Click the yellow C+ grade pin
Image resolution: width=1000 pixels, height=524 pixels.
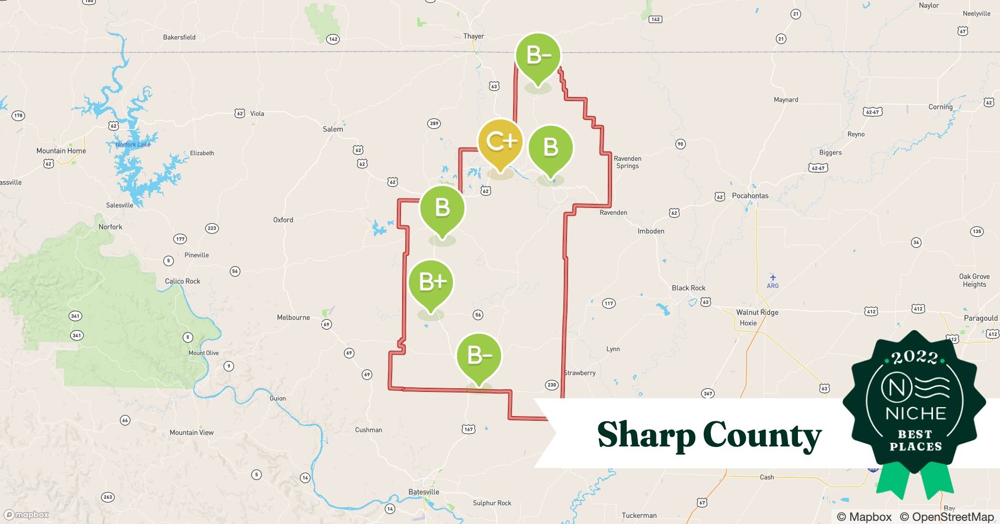click(x=501, y=141)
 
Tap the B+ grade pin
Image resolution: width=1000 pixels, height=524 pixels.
click(x=431, y=283)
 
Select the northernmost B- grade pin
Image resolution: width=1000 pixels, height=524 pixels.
click(x=538, y=56)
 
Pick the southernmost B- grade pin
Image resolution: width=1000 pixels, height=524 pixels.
click(x=479, y=356)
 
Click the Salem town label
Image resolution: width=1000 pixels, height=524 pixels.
click(x=333, y=129)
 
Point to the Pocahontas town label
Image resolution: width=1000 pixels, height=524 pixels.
click(x=750, y=195)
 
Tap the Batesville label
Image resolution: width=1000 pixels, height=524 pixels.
click(x=424, y=492)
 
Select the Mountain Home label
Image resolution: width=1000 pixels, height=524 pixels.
click(x=61, y=151)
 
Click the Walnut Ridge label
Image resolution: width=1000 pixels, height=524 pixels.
click(x=757, y=312)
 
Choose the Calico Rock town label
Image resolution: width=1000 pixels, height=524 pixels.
click(x=182, y=281)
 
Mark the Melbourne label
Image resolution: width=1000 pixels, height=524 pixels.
click(x=293, y=318)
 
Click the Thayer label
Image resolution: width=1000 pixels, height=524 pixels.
click(x=473, y=36)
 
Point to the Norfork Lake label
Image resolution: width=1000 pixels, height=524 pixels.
click(x=133, y=145)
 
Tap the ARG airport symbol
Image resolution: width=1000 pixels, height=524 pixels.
click(x=773, y=278)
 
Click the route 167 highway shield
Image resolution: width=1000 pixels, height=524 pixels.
click(x=469, y=429)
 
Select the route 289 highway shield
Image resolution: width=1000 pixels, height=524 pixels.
click(x=434, y=124)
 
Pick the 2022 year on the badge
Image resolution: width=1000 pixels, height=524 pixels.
click(x=915, y=358)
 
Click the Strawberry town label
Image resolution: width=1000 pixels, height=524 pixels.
click(x=580, y=373)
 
